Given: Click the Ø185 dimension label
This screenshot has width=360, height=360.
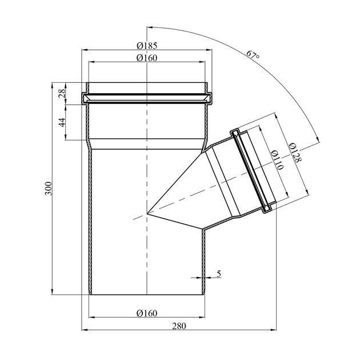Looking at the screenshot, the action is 147,46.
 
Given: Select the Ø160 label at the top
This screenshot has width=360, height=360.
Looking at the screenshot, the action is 147,58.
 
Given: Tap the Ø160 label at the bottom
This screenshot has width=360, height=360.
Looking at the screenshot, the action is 147,313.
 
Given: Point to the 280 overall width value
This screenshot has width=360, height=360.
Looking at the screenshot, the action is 179,326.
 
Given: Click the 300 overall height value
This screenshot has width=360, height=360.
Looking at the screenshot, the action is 49,188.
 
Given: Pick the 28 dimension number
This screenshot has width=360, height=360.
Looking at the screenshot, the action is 62,94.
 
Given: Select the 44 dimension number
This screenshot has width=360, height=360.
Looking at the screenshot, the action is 62,122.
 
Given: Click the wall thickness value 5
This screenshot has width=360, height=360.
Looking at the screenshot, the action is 219,274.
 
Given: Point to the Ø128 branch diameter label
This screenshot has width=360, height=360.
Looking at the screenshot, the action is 295,153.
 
